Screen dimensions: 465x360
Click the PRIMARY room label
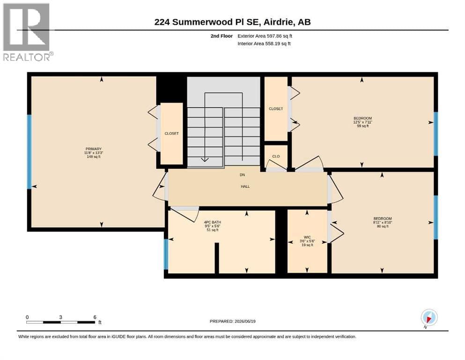click(93, 149)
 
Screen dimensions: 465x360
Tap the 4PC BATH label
click(212, 222)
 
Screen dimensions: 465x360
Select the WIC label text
click(307, 238)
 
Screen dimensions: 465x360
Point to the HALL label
click(245, 187)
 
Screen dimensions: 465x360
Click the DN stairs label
click(242, 175)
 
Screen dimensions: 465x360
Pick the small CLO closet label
click(276, 157)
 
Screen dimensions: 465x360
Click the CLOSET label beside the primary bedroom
click(172, 134)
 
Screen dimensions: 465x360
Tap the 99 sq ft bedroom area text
click(363, 126)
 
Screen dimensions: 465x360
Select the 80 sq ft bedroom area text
click(383, 226)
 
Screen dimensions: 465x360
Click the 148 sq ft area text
click(93, 157)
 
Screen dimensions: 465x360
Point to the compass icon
click(429, 317)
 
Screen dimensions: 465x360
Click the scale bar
click(61, 322)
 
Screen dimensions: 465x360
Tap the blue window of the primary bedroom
click(29, 152)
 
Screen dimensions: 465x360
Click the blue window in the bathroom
click(166, 255)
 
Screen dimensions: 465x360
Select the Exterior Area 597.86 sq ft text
click(265, 36)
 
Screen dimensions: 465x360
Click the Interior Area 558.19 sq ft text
click(264, 44)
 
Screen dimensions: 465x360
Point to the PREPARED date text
click(232, 322)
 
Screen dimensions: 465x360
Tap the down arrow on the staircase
click(205, 160)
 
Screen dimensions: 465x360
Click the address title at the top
click(232, 22)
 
